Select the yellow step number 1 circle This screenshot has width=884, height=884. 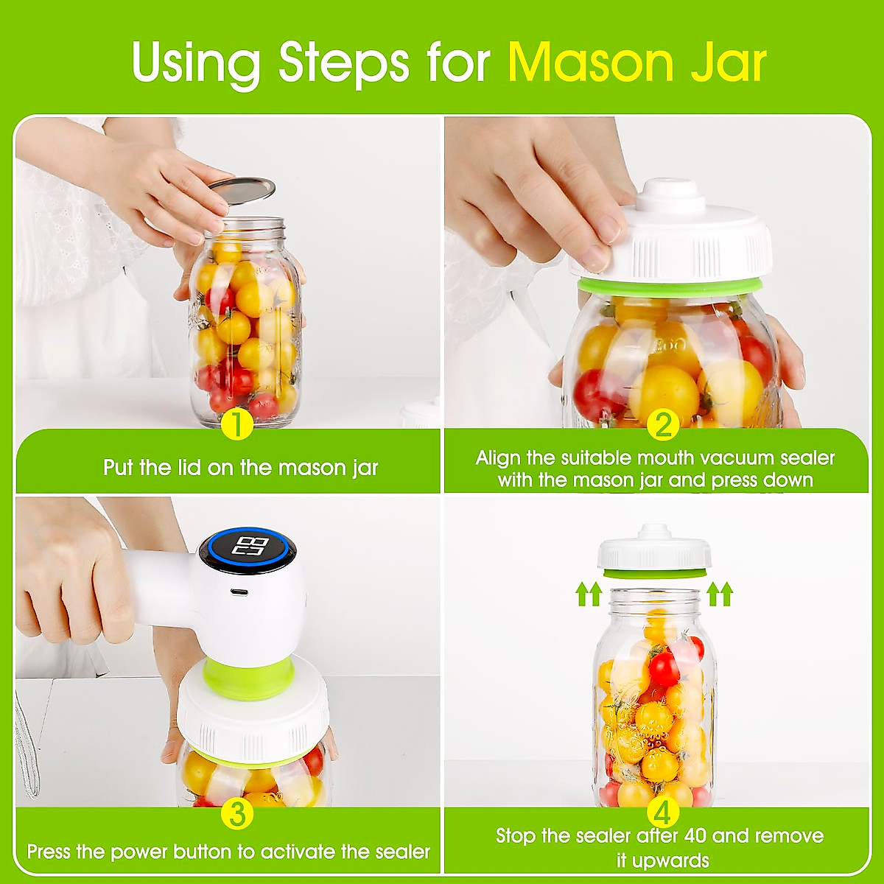tap(236, 425)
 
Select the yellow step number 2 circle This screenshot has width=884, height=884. tap(663, 425)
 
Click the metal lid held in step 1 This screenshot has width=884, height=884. tap(242, 187)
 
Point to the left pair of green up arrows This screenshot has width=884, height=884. tap(589, 594)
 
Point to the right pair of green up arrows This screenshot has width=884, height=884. tap(720, 594)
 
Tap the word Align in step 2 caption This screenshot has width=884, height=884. tap(498, 458)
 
